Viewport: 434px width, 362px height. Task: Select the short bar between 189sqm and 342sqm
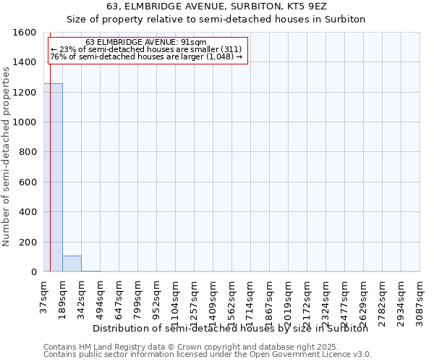pos(72,264)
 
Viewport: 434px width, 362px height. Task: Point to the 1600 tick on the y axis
pos(25,33)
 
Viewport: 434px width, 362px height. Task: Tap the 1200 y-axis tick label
pos(25,93)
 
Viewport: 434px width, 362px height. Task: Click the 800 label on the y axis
pos(28,152)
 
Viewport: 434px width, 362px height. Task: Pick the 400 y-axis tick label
pos(28,212)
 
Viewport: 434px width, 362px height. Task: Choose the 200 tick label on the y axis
pos(28,242)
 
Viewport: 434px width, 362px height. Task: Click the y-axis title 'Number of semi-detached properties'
pos(7,153)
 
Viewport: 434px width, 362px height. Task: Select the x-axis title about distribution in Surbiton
pos(231,328)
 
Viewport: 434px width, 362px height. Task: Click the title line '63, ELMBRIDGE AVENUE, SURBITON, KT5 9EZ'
pos(216,6)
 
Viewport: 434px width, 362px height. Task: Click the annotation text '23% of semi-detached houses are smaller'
pos(145,49)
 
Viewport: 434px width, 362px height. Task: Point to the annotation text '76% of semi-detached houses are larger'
pos(145,56)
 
